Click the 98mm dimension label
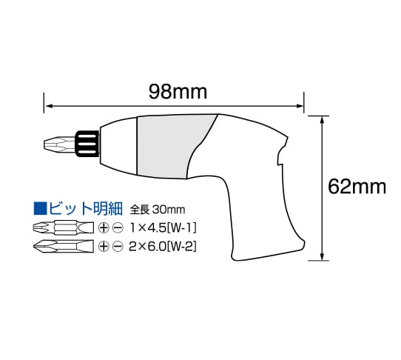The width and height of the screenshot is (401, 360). [x=178, y=92]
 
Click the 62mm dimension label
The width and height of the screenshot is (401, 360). [x=357, y=187]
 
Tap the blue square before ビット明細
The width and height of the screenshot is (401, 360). [x=41, y=209]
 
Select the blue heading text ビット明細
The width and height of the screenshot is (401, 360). [x=86, y=209]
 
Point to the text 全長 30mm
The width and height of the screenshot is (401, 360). [x=158, y=210]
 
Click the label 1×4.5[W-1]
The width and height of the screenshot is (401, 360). [x=164, y=228]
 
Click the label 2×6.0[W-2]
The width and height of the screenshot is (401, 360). [x=163, y=247]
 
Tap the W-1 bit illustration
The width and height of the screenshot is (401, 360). [x=64, y=227]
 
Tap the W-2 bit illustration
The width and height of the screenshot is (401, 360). [x=64, y=247]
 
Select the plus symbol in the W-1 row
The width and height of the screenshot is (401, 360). [x=104, y=227]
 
